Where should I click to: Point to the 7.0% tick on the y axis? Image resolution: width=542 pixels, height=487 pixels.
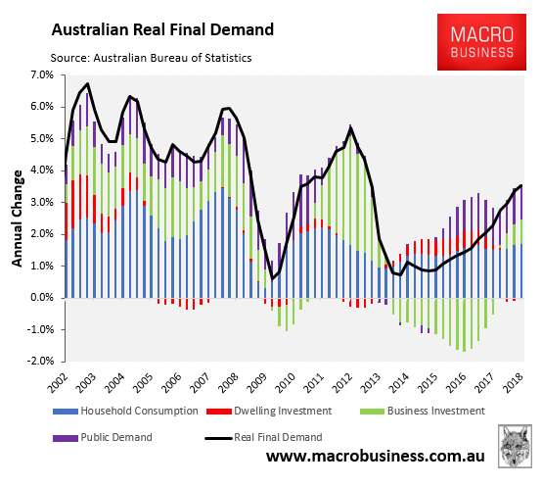tap(41, 74)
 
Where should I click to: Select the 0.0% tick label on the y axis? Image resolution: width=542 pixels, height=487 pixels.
tap(41, 298)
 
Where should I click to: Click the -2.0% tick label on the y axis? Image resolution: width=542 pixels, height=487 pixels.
tap(39, 362)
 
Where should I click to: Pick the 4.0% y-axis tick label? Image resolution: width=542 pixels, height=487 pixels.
tap(41, 170)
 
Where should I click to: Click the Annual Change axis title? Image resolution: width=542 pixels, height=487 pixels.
tap(17, 219)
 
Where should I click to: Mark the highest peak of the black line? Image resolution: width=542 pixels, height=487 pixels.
tap(88, 84)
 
